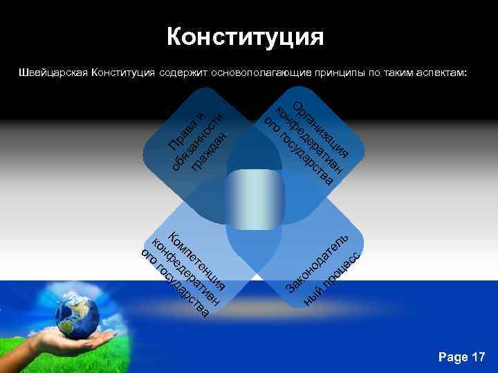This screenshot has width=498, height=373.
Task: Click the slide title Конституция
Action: pos(245,37)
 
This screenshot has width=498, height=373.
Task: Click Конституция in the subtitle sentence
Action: pos(123,72)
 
